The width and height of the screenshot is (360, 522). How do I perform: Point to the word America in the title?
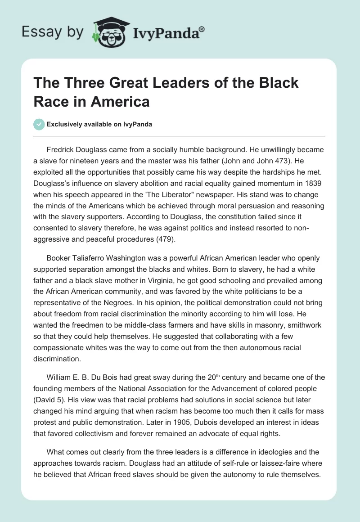tap(121, 101)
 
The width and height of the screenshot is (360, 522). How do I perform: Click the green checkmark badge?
tap(39, 124)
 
